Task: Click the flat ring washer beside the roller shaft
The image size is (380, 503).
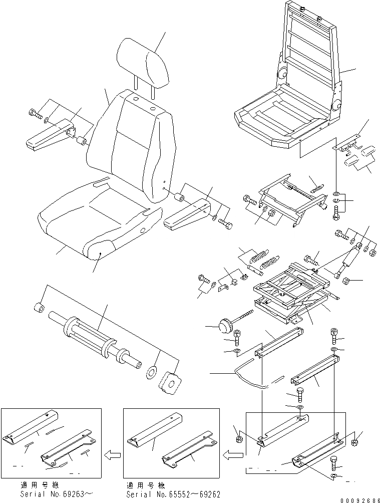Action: tap(151, 373)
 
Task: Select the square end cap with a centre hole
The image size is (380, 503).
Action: tap(171, 386)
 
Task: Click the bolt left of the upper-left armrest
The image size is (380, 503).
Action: tap(35, 113)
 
